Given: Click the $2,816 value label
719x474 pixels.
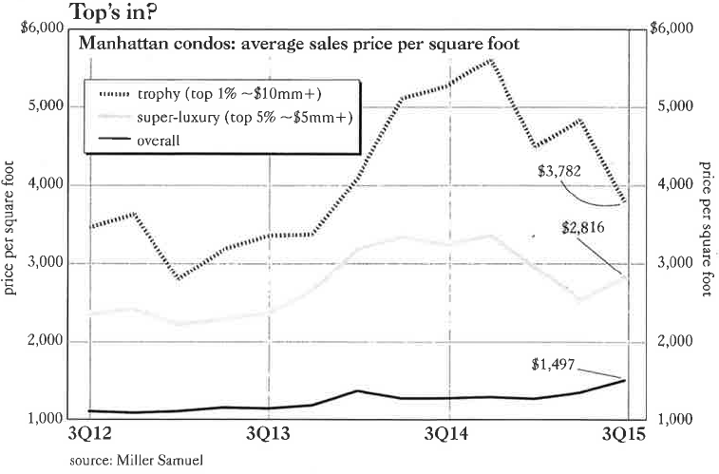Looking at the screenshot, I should click(x=583, y=227).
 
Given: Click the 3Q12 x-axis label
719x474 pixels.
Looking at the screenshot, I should click(x=90, y=436).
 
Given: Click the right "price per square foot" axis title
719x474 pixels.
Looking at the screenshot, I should click(x=707, y=229).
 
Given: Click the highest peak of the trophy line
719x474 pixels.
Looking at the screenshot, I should click(x=493, y=60).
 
